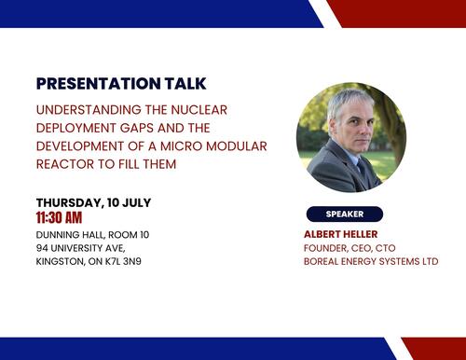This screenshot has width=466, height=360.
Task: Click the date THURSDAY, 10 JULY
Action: click(x=93, y=202)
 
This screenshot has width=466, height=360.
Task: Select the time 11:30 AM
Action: click(x=65, y=218)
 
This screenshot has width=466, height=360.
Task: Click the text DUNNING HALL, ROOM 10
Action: click(x=92, y=234)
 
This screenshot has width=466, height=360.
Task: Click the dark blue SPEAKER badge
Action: click(x=344, y=214)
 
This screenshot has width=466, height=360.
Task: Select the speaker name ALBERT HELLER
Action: click(x=344, y=233)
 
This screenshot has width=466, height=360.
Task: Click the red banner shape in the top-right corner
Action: click(x=401, y=12)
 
